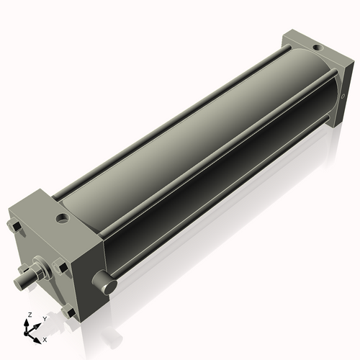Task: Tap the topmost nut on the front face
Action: click(14, 228)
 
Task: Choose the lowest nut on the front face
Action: click(68, 311)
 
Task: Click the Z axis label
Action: click(30, 315)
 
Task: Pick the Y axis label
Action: click(45, 318)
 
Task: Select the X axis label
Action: click(45, 338)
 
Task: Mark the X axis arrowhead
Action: click(39, 336)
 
